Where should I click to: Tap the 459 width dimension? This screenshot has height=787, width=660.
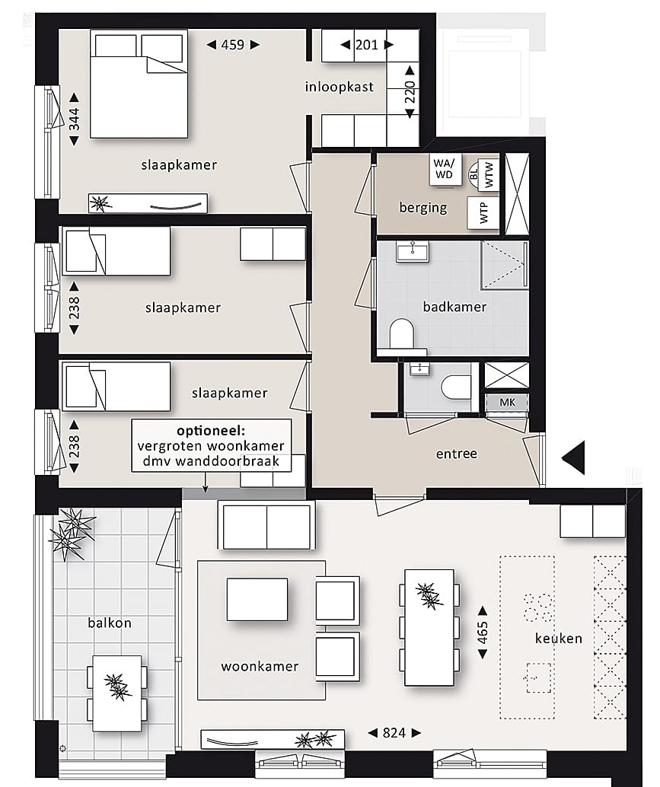pyautogui.click(x=233, y=45)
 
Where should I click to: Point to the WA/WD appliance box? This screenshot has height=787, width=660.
pyautogui.click(x=442, y=169)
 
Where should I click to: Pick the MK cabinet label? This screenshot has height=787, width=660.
pyautogui.click(x=506, y=402)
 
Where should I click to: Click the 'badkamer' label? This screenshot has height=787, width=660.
pyautogui.click(x=454, y=307)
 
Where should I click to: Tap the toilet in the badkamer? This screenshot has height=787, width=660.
pyautogui.click(x=400, y=335)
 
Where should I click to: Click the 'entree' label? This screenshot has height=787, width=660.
pyautogui.click(x=456, y=454)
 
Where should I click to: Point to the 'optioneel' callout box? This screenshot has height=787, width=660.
pyautogui.click(x=211, y=446)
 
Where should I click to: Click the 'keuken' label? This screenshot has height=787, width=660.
pyautogui.click(x=558, y=638)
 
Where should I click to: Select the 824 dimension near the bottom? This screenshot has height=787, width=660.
pyautogui.click(x=394, y=733)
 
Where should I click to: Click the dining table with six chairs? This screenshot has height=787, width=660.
pyautogui.click(x=429, y=626)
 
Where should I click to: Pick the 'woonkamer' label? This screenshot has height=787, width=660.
pyautogui.click(x=260, y=667)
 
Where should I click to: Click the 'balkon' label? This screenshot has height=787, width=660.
pyautogui.click(x=109, y=623)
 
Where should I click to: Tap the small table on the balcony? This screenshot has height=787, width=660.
pyautogui.click(x=117, y=693)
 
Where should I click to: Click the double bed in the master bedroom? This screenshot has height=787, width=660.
pyautogui.click(x=139, y=84)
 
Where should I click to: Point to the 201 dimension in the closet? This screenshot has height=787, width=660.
pyautogui.click(x=367, y=45)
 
